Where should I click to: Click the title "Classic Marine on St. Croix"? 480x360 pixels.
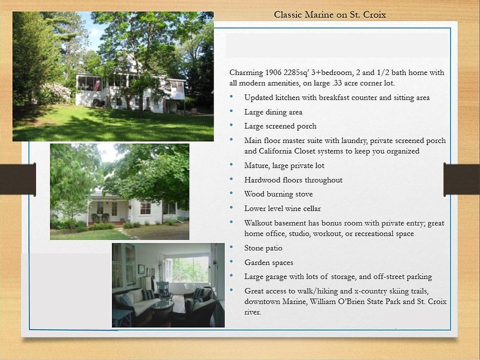(x=329, y=14)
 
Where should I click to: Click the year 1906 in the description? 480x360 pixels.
(x=273, y=72)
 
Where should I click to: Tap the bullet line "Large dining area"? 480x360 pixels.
(x=273, y=112)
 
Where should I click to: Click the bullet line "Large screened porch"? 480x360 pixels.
(x=280, y=126)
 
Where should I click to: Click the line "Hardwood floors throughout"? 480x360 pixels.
(x=293, y=180)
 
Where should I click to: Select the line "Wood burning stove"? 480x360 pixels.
(x=278, y=194)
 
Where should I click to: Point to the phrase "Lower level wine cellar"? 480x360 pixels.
(x=282, y=209)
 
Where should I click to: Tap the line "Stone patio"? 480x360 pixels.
(x=263, y=248)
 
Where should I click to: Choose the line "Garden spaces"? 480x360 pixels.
(x=269, y=262)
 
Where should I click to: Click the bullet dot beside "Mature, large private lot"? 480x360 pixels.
(x=231, y=164)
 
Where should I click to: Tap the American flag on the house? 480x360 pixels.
(x=97, y=85)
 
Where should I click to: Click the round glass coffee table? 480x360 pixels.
(x=162, y=305)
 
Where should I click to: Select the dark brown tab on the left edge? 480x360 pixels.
(x=18, y=179)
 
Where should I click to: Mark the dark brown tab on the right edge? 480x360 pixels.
(x=461, y=179)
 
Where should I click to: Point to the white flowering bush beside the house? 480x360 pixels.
(x=54, y=93)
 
